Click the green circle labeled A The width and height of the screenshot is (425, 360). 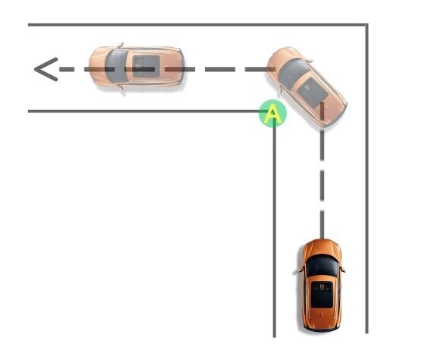[x=272, y=113]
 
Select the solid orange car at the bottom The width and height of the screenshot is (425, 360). [x=322, y=285]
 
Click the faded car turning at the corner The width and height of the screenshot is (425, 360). [x=307, y=86]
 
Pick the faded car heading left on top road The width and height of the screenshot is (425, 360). [x=137, y=67]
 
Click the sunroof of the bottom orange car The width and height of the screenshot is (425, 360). [x=322, y=295]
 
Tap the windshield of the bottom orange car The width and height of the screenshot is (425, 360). [x=322, y=265]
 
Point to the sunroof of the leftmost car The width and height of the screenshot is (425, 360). [x=146, y=67]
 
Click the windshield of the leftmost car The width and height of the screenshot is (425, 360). [x=116, y=67]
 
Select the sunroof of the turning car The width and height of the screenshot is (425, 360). [x=313, y=92]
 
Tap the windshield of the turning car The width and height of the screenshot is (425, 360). [x=294, y=73]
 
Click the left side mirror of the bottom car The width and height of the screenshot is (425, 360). [x=301, y=270]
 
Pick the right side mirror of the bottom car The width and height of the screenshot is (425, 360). [x=343, y=270]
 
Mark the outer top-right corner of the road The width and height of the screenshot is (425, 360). [x=367, y=25]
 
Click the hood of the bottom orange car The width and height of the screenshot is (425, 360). [x=322, y=248]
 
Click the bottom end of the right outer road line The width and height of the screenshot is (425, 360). [x=367, y=333]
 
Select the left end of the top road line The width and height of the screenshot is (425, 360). [x=29, y=25]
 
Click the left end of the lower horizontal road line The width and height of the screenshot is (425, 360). [x=29, y=111]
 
